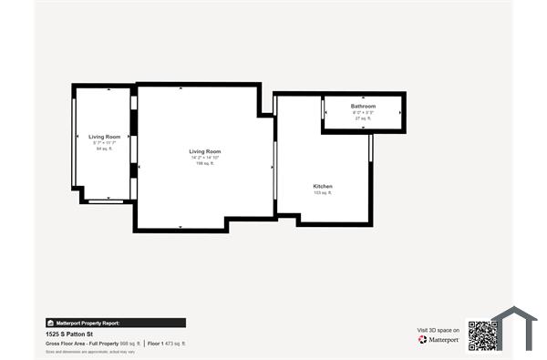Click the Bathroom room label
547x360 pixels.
(x=363, y=107)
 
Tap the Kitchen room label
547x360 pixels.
(x=323, y=186)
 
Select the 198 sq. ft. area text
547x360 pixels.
(x=205, y=164)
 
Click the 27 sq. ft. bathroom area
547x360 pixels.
(x=363, y=118)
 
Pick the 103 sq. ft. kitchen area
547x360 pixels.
(x=323, y=193)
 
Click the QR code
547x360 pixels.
(x=481, y=334)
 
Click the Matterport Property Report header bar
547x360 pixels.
(x=115, y=323)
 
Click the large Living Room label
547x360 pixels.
(x=205, y=151)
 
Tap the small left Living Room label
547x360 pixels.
(x=104, y=137)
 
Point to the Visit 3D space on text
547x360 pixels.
(x=438, y=330)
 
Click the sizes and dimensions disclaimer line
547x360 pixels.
(x=91, y=352)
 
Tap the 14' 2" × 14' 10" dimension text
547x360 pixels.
(x=205, y=158)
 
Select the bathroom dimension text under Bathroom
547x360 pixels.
(x=363, y=113)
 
